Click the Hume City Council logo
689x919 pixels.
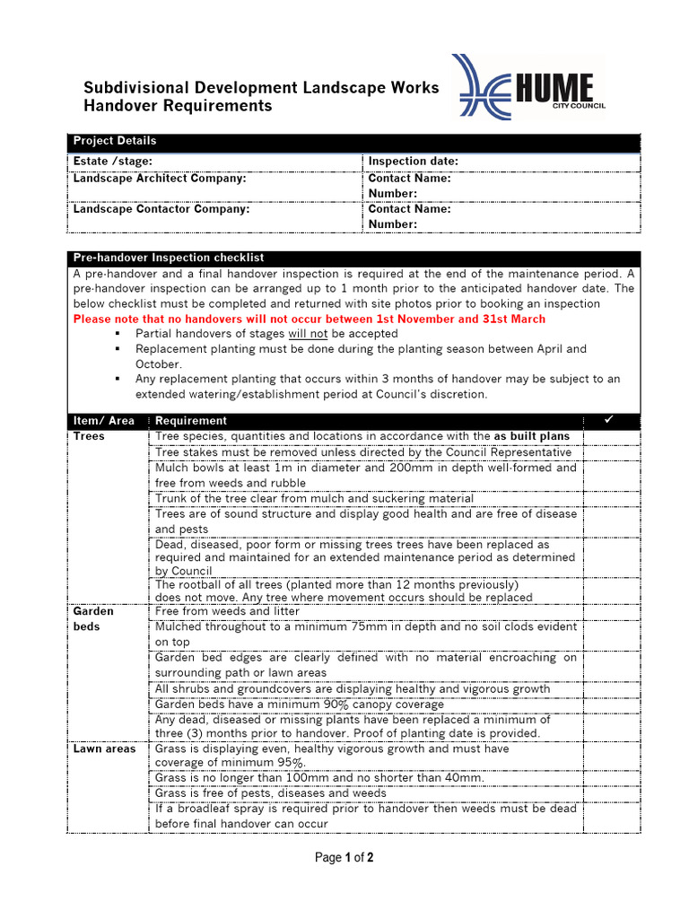(529, 87)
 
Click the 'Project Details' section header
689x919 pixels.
(115, 141)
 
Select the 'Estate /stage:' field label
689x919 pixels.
(112, 162)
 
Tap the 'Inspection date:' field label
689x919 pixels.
(413, 162)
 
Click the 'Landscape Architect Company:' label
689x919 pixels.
(160, 179)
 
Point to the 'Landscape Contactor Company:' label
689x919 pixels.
(161, 209)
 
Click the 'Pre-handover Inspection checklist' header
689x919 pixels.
(169, 258)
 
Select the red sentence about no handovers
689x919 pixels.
(309, 319)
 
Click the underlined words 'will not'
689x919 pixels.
(307, 334)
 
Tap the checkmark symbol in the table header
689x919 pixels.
(607, 420)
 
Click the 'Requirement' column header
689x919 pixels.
(191, 421)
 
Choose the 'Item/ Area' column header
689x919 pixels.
(104, 421)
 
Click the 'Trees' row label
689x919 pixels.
(89, 437)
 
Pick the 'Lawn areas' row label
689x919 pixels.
(105, 749)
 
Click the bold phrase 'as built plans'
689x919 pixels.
(532, 437)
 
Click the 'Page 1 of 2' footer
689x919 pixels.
(344, 858)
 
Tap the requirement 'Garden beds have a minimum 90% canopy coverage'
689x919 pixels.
(300, 705)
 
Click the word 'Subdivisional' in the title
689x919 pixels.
(134, 88)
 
